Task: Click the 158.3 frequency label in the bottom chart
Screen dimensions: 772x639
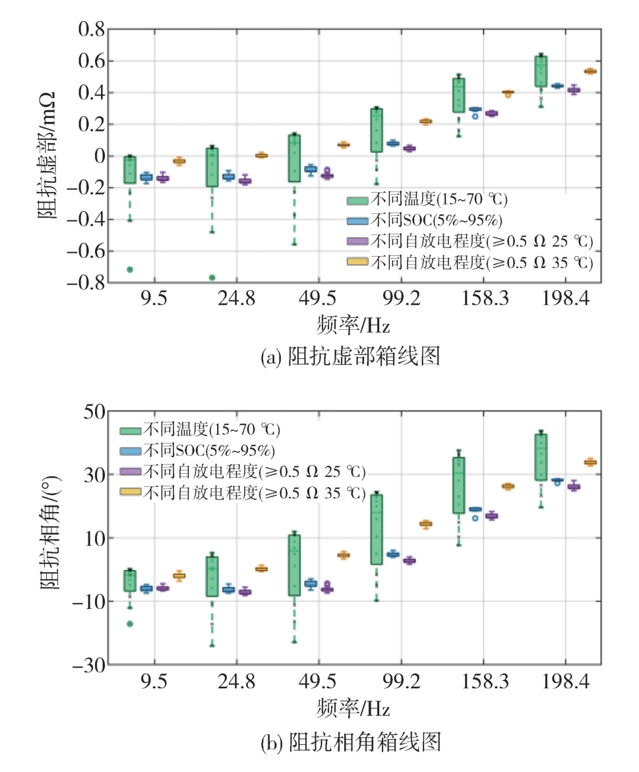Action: point(483,683)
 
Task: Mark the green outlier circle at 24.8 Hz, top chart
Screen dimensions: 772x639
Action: point(212,277)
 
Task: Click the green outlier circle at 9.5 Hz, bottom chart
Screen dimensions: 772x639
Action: point(130,624)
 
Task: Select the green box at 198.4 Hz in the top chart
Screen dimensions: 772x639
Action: point(541,71)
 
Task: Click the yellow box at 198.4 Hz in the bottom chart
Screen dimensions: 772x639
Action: point(590,462)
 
